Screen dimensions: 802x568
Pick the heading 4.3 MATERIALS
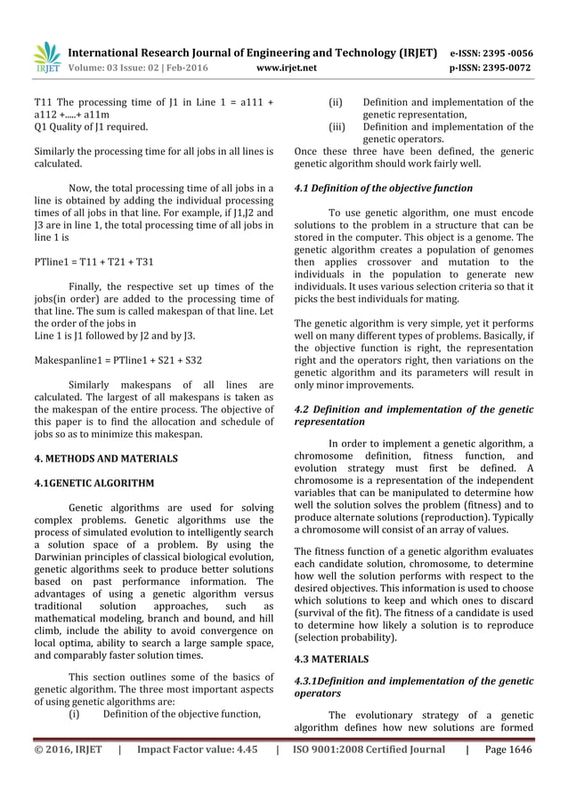[331, 660]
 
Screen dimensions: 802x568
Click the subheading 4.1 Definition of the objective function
[383, 188]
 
